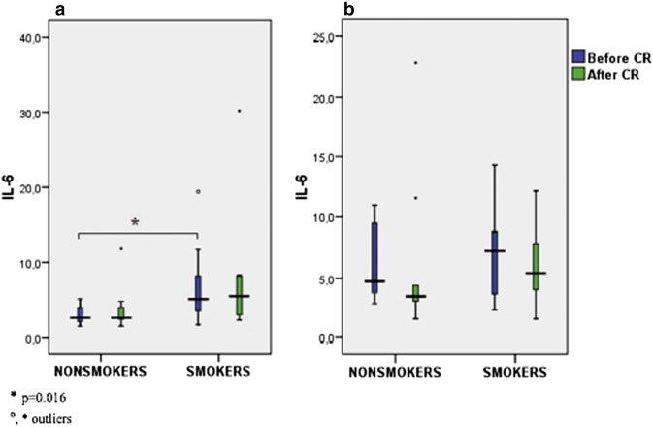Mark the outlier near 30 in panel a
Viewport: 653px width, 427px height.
(239, 111)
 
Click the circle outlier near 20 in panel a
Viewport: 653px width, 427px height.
(198, 191)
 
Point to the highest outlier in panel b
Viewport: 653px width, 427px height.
(416, 62)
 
